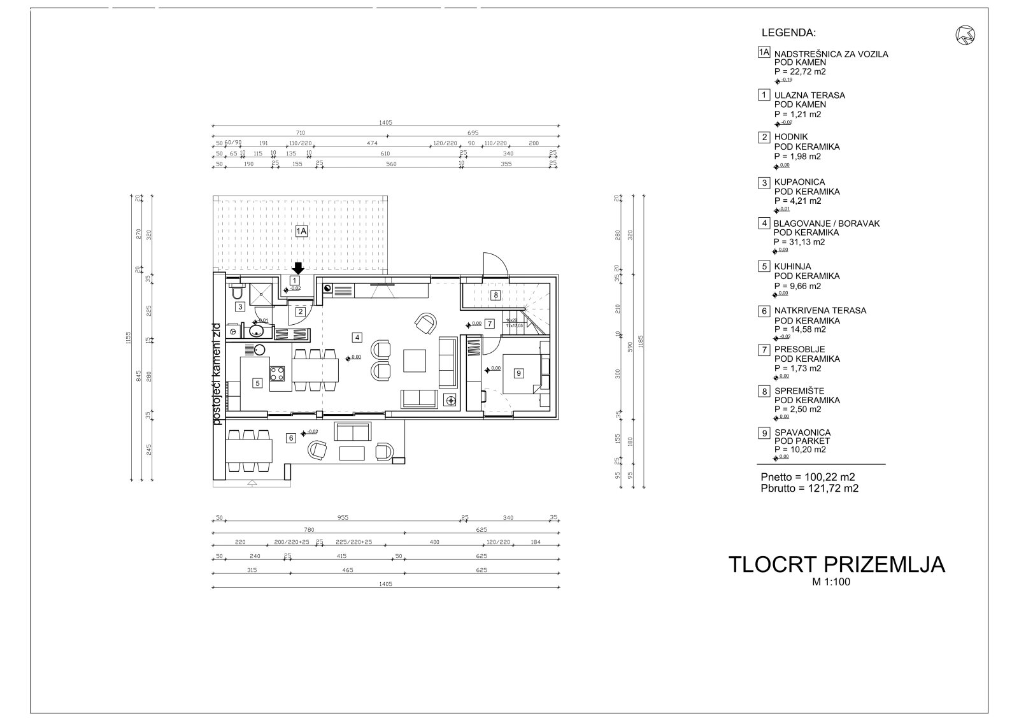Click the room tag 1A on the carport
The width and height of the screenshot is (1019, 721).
pyautogui.click(x=301, y=232)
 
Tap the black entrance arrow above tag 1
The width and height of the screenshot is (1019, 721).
pyautogui.click(x=297, y=268)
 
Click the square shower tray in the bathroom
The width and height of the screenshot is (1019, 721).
pyautogui.click(x=262, y=292)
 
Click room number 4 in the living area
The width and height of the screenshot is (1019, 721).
pyautogui.click(x=357, y=337)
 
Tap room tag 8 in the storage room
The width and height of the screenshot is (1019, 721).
pyautogui.click(x=495, y=295)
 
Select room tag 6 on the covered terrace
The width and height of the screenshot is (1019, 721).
pyautogui.click(x=291, y=438)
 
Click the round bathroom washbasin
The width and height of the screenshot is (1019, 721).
pyautogui.click(x=258, y=331)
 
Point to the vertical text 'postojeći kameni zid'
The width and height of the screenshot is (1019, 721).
pyautogui.click(x=217, y=376)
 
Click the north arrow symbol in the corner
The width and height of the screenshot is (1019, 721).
pyautogui.click(x=966, y=36)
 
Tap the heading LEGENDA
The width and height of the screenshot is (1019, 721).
pyautogui.click(x=788, y=32)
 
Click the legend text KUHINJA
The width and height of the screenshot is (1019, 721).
pyautogui.click(x=792, y=266)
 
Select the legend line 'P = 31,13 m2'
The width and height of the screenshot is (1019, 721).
pyautogui.click(x=799, y=242)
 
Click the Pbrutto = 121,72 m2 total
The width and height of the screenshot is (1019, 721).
pyautogui.click(x=809, y=489)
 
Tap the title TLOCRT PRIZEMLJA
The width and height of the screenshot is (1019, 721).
pyautogui.click(x=836, y=564)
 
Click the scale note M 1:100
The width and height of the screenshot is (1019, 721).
pyautogui.click(x=830, y=582)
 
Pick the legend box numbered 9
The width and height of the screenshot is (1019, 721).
pyautogui.click(x=764, y=433)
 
